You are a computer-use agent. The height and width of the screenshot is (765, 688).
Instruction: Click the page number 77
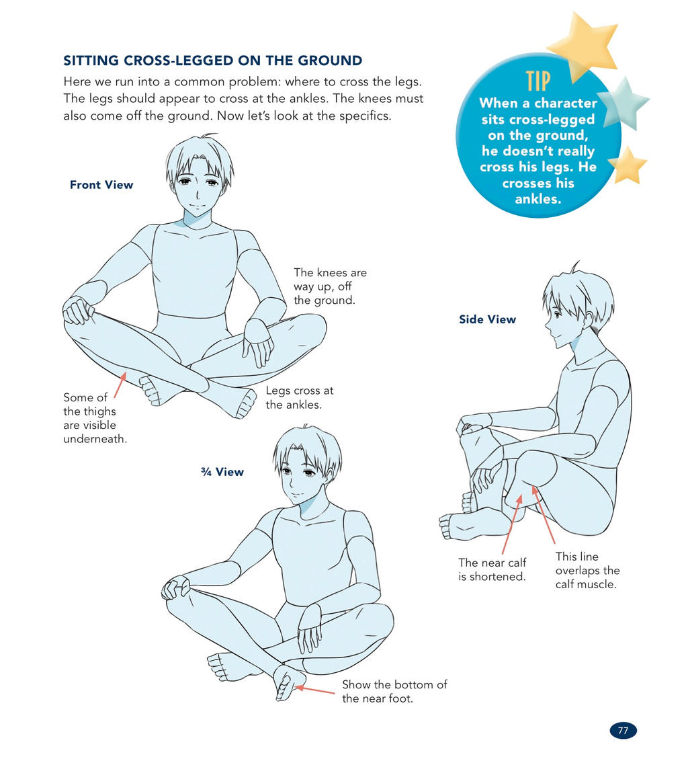point(623,730)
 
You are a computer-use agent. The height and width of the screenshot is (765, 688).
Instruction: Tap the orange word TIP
point(538,81)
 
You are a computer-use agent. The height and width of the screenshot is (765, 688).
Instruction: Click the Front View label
point(101,185)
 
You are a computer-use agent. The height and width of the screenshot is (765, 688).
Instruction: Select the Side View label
point(487,319)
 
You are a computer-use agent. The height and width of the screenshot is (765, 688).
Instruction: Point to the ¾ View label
point(222,472)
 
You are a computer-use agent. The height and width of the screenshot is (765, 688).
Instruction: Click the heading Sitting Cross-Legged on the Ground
point(212,61)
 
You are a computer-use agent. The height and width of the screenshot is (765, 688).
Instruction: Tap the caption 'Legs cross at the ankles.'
point(300,397)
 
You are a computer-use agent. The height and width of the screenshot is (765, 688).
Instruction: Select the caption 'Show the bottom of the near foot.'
point(394,691)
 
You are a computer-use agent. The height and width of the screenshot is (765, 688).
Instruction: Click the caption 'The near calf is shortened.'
point(492,569)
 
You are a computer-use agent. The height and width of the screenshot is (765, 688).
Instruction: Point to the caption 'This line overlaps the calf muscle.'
point(588,570)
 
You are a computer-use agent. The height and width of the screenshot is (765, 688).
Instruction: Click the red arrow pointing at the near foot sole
point(315,690)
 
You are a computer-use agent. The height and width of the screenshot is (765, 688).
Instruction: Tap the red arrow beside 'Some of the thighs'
point(120,385)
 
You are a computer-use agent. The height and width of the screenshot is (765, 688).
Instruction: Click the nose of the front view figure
point(198,195)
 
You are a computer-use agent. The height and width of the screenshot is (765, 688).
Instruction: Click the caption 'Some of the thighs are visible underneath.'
point(95,418)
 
